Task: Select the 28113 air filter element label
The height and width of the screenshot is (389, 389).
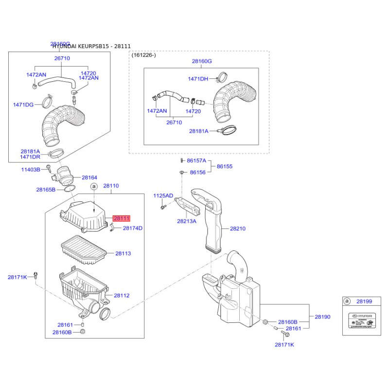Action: coord(123,253)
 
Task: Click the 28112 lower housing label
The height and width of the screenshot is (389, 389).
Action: coord(122,295)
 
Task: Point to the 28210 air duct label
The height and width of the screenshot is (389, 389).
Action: coord(238,228)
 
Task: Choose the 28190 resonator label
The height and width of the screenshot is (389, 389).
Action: coord(322,317)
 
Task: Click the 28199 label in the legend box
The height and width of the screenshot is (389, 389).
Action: coord(364,301)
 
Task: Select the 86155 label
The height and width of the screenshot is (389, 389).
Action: coord(225,166)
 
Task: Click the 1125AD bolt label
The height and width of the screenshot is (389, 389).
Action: coord(163,195)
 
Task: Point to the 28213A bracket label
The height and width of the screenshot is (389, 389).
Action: coord(187,221)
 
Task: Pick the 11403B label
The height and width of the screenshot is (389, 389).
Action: coord(31,170)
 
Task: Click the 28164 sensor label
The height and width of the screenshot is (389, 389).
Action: coord(89,178)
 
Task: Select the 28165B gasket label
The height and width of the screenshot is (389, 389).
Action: coord(46,190)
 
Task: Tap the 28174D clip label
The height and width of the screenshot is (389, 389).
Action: coord(132,228)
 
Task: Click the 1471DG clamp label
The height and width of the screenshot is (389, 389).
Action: coord(23,105)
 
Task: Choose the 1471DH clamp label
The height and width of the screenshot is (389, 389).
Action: coord(198,79)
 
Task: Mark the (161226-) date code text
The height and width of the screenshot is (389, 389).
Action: coord(144,55)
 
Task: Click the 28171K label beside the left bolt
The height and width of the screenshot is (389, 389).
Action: coord(18,277)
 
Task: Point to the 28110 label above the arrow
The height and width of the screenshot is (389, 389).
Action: coord(111,186)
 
